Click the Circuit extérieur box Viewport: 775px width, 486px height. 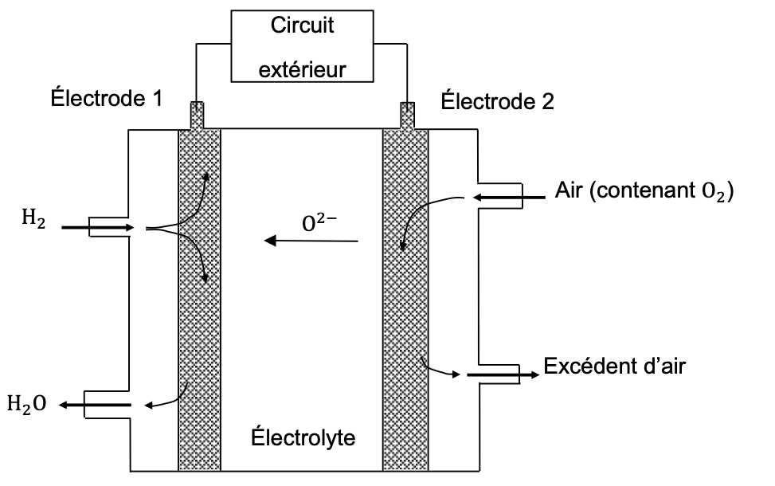302,47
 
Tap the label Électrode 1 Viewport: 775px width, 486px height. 107,99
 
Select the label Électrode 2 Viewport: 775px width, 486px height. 497,101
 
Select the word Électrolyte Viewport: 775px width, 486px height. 302,437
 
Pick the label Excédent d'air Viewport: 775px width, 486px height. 614,366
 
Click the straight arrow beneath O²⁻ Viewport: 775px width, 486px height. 311,240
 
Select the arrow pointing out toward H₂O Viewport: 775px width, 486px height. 96,405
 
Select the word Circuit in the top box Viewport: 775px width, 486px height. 302,25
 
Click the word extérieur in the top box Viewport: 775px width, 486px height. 303,69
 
